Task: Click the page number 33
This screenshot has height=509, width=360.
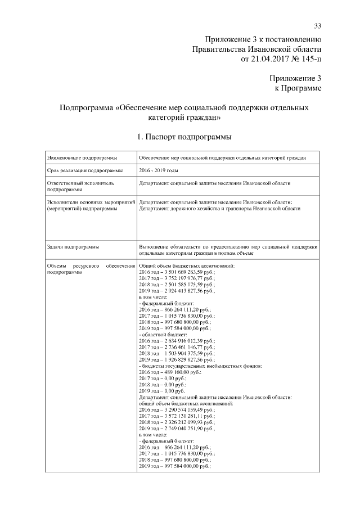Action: coord(317,26)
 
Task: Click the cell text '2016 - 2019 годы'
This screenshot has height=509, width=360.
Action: coord(159,170)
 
